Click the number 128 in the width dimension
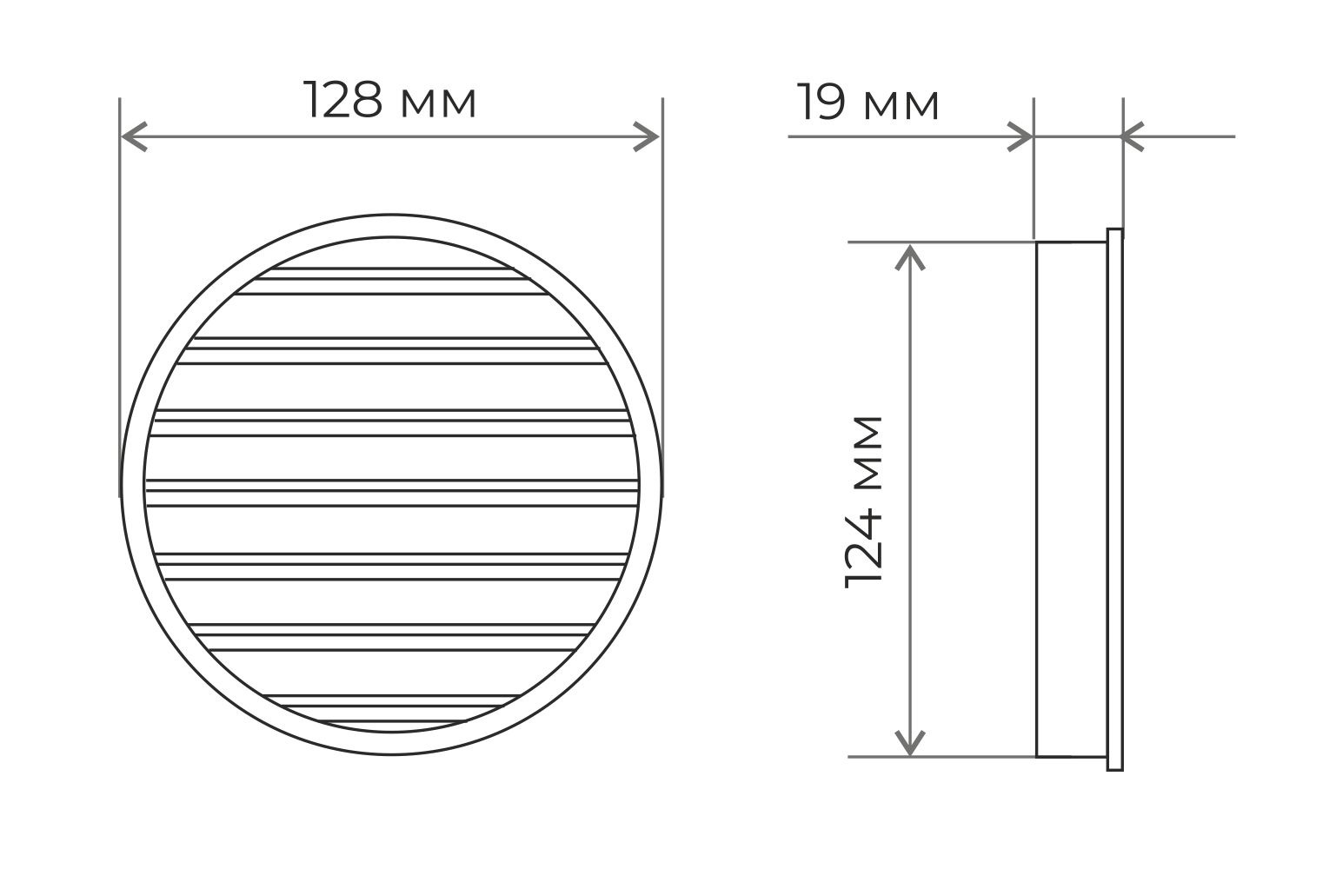pos(342,100)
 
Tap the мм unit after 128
pos(438,103)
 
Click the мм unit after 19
pos(901,106)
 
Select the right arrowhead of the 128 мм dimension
pos(646,136)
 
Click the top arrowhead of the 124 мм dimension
pos(909,257)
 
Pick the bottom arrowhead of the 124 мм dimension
pos(909,742)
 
